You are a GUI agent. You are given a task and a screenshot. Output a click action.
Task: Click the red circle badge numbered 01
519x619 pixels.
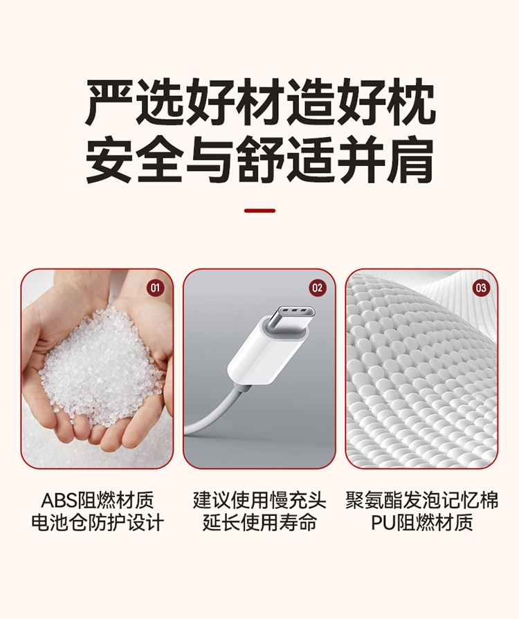pos(155,288)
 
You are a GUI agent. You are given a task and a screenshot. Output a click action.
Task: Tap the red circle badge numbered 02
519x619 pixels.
pos(317,288)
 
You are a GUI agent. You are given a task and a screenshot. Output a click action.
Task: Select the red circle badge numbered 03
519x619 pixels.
pos(481,288)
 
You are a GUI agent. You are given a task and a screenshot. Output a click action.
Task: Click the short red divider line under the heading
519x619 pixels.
pos(259,211)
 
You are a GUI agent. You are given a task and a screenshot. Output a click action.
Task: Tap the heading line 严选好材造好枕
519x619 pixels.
pos(260,102)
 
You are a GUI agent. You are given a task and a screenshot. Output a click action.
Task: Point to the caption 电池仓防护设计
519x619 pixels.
pos(97,523)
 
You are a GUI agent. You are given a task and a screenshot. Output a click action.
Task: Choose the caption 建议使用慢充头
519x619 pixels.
pos(259,500)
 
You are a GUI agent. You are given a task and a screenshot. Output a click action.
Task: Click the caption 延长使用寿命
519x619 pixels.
pos(259,523)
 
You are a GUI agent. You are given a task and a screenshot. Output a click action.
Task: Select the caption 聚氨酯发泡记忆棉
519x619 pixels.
pos(422,500)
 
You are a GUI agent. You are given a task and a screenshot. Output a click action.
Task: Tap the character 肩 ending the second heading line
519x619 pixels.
pos(411,160)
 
